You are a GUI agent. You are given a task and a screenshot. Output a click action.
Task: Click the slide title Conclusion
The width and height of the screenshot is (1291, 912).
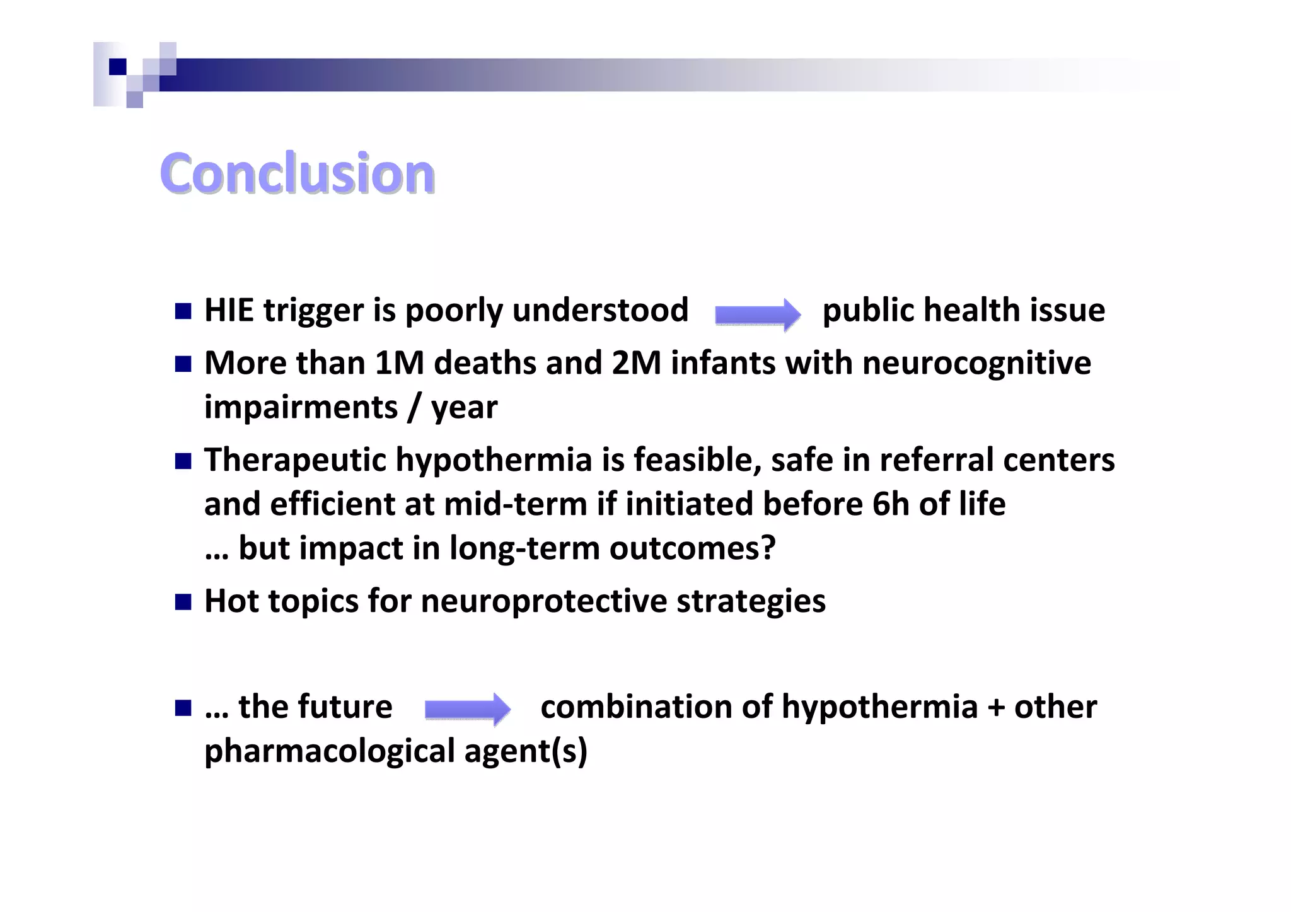297,173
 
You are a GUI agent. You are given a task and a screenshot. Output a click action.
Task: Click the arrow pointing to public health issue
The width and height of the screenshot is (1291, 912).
757,313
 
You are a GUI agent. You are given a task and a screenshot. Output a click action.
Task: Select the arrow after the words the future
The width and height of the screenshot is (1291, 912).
467,709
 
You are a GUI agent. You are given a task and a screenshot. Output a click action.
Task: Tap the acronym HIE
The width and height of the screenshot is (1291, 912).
229,311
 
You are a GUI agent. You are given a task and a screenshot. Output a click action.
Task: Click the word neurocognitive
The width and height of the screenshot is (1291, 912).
976,364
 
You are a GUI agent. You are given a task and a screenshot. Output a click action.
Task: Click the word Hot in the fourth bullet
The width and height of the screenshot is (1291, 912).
231,601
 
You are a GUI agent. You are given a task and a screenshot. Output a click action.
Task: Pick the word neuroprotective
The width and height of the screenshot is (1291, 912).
543,601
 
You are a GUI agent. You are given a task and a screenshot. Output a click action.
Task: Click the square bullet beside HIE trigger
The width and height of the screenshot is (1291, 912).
183,311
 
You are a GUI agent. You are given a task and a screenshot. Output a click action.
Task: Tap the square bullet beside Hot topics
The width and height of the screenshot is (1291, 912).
183,602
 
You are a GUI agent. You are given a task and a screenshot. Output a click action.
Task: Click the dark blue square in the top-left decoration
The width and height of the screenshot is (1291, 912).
117,66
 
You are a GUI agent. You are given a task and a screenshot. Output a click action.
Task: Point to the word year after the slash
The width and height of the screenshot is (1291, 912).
464,408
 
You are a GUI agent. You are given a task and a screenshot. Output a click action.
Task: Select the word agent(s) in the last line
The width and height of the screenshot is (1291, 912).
526,751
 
